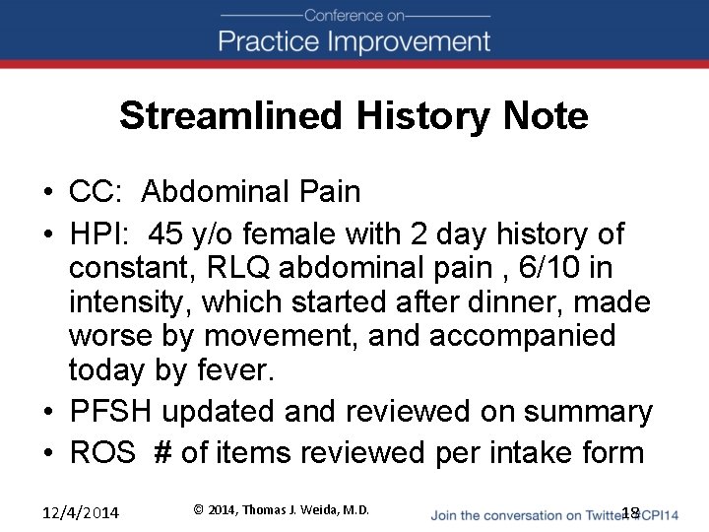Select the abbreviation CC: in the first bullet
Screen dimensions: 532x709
coord(97,191)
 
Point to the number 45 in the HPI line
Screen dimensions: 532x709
coord(166,234)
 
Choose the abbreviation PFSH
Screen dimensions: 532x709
coord(110,412)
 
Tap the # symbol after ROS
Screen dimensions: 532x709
coord(162,452)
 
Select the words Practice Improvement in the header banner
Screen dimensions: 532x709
coord(354,41)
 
